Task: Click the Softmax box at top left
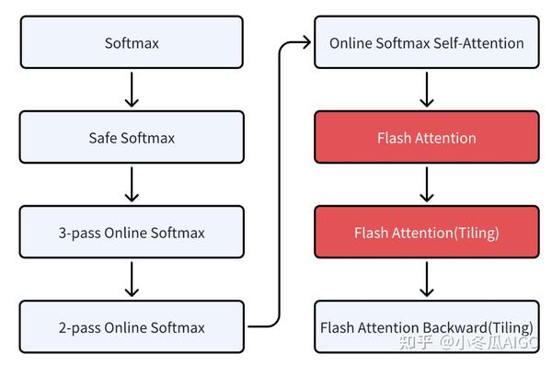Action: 132,42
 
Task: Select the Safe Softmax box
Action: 132,138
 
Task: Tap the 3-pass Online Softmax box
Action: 132,233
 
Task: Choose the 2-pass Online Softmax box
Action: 132,327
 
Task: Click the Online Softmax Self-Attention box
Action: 426,42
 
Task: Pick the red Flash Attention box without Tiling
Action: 426,138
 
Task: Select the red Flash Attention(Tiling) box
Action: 426,233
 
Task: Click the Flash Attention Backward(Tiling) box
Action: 426,327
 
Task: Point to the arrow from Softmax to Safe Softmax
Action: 132,90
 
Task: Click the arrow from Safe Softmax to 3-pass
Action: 132,185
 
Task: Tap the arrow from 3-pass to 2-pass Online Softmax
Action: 132,279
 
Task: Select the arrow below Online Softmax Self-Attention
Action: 426,90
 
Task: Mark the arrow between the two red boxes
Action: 426,185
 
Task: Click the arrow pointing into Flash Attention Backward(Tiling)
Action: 426,279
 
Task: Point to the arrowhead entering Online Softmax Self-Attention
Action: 306,42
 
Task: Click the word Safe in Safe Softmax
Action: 103,138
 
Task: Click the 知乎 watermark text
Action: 420,342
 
